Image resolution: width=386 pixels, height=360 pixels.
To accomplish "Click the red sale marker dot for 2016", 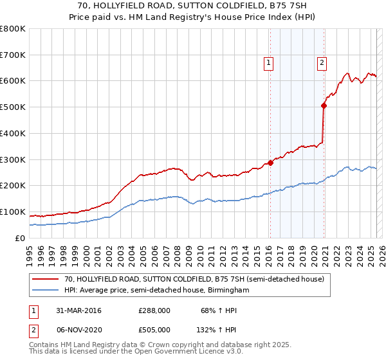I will [270, 163].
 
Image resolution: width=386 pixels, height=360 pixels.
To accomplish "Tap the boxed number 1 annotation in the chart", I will [268, 62].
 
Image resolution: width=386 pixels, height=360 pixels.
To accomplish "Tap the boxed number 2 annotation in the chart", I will [321, 62].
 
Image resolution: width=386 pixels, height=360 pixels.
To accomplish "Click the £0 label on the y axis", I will [21, 238].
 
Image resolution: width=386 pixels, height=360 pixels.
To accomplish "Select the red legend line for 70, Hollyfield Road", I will [46, 280].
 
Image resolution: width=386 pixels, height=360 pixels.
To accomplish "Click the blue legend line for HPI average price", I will [46, 291].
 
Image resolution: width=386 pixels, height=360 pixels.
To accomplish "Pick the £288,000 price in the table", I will [154, 311].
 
